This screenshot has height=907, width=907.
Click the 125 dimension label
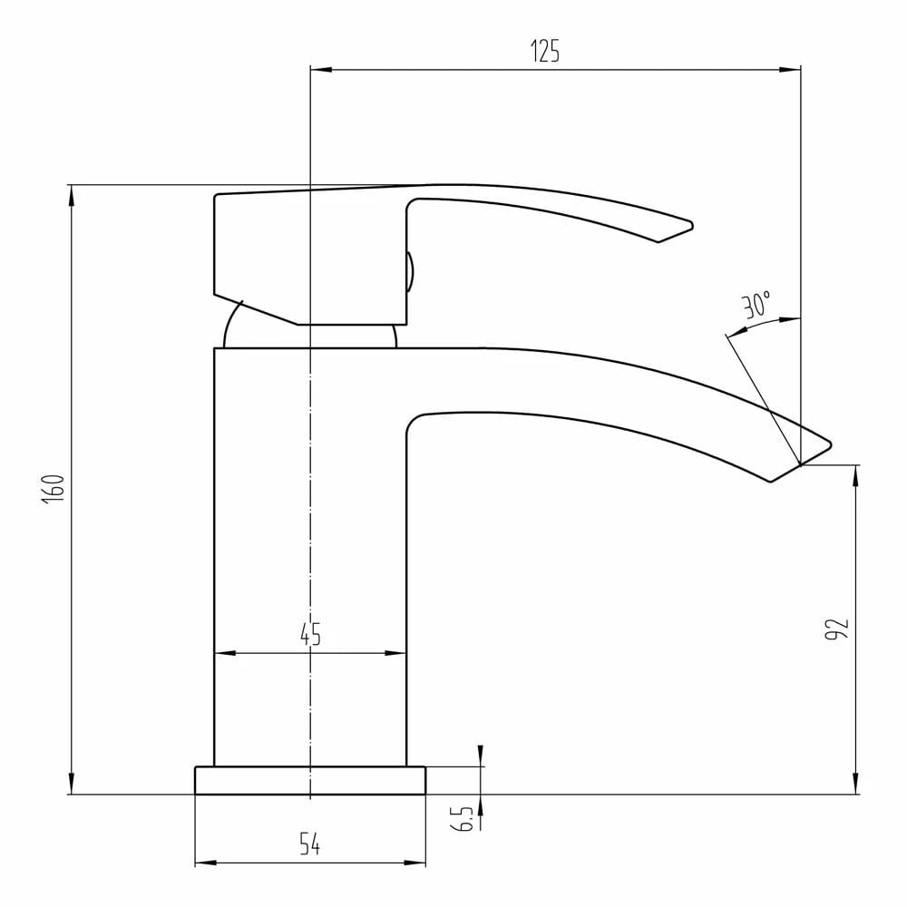pyautogui.click(x=545, y=52)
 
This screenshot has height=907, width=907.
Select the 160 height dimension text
pyautogui.click(x=54, y=489)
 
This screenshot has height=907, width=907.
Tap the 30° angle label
pyautogui.click(x=756, y=305)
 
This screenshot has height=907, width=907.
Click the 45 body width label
pyautogui.click(x=310, y=635)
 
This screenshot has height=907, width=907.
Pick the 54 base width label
pyautogui.click(x=310, y=845)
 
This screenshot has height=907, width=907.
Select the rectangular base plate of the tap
pyautogui.click(x=310, y=780)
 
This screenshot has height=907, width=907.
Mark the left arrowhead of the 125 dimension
pyautogui.click(x=317, y=69)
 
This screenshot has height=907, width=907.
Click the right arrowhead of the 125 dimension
pyautogui.click(x=795, y=69)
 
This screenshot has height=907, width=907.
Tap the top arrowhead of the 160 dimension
pyautogui.click(x=71, y=191)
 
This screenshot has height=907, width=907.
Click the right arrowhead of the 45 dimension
pyautogui.click(x=399, y=653)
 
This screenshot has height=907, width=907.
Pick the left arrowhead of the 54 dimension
pyautogui.click(x=201, y=863)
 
